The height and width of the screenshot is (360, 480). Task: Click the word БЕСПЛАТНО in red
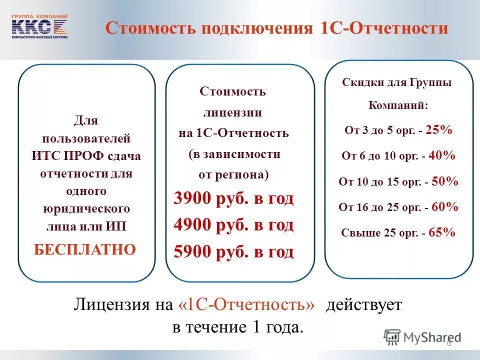[x=85, y=249]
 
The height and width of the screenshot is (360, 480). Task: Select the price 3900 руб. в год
[x=233, y=199]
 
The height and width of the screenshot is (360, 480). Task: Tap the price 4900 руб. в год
[x=233, y=225]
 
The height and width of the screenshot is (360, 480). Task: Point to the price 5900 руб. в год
[x=233, y=252]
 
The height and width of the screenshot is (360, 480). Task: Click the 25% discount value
[x=439, y=130]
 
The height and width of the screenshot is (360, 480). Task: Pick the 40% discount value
[x=441, y=155]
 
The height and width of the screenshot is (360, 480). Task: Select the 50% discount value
[x=444, y=181]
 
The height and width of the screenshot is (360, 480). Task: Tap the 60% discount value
[x=444, y=207]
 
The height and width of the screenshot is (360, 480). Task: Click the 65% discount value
[x=441, y=232]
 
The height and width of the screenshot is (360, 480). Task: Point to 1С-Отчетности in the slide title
[x=383, y=28]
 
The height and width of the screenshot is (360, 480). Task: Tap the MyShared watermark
[x=422, y=337]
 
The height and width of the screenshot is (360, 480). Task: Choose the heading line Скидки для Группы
[x=396, y=82]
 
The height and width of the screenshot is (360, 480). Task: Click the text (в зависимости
[x=234, y=154]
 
